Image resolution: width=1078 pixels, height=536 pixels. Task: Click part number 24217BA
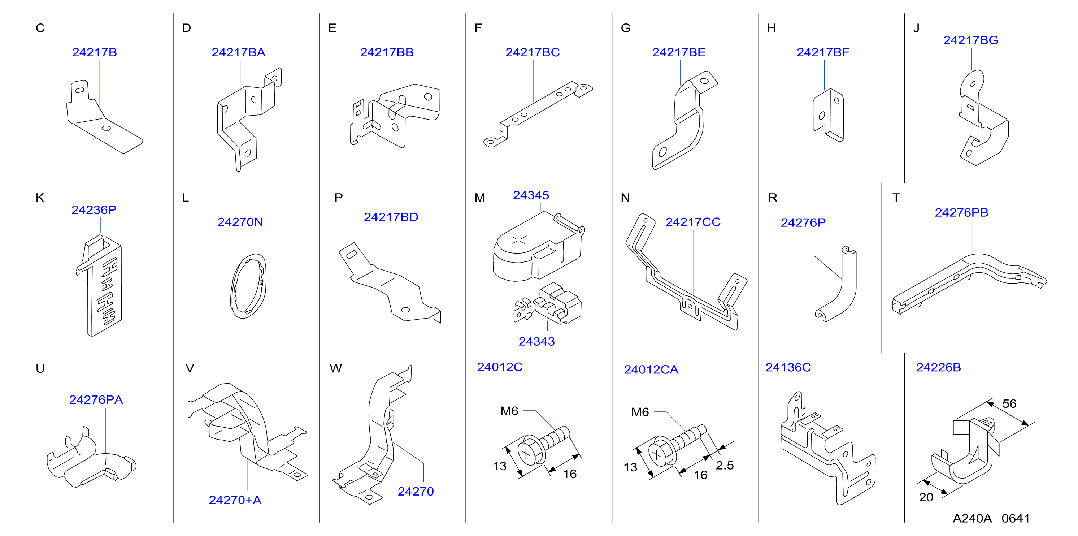tap(238, 52)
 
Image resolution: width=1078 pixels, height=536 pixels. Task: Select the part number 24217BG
tap(970, 40)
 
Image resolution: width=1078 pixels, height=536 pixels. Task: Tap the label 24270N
tap(240, 222)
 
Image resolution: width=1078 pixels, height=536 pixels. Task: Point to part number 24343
tap(536, 341)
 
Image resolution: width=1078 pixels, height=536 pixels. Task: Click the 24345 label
tap(531, 195)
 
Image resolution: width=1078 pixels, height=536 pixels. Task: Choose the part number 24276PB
tap(961, 212)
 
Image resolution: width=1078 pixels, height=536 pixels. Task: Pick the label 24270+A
tap(235, 500)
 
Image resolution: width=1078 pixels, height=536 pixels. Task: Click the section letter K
tap(40, 198)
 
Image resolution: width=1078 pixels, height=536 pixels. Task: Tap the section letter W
tap(336, 368)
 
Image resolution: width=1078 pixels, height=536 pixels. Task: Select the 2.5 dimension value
tap(725, 465)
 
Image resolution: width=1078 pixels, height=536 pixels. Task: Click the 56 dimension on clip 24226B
tap(1009, 404)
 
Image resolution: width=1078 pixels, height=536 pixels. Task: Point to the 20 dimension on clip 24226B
tap(926, 497)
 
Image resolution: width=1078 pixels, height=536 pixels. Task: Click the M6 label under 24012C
tap(509, 411)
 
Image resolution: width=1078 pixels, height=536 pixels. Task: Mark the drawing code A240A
tap(972, 518)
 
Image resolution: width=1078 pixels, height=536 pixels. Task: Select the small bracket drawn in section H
tap(828, 115)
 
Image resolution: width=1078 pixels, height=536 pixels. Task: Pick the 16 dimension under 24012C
tap(570, 474)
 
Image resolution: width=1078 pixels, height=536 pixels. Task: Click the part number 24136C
tap(788, 367)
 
